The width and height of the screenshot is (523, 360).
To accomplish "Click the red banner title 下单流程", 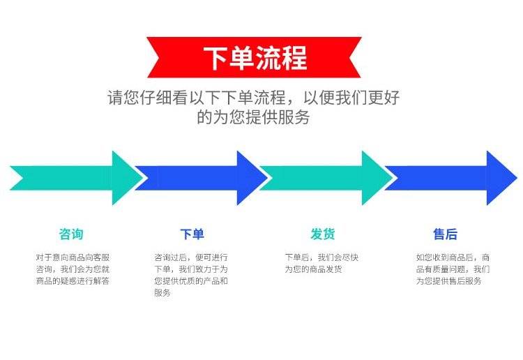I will click(x=255, y=58).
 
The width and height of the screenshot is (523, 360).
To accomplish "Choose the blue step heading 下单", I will click(x=192, y=234).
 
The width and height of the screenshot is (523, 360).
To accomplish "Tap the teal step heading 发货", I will click(x=323, y=234).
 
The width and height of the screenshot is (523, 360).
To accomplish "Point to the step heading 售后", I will click(x=445, y=234).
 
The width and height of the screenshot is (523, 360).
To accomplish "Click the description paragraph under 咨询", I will click(x=73, y=269).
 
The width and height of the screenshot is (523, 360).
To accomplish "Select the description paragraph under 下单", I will click(x=192, y=275).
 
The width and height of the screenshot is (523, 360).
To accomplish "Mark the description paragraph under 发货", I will click(x=321, y=263).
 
